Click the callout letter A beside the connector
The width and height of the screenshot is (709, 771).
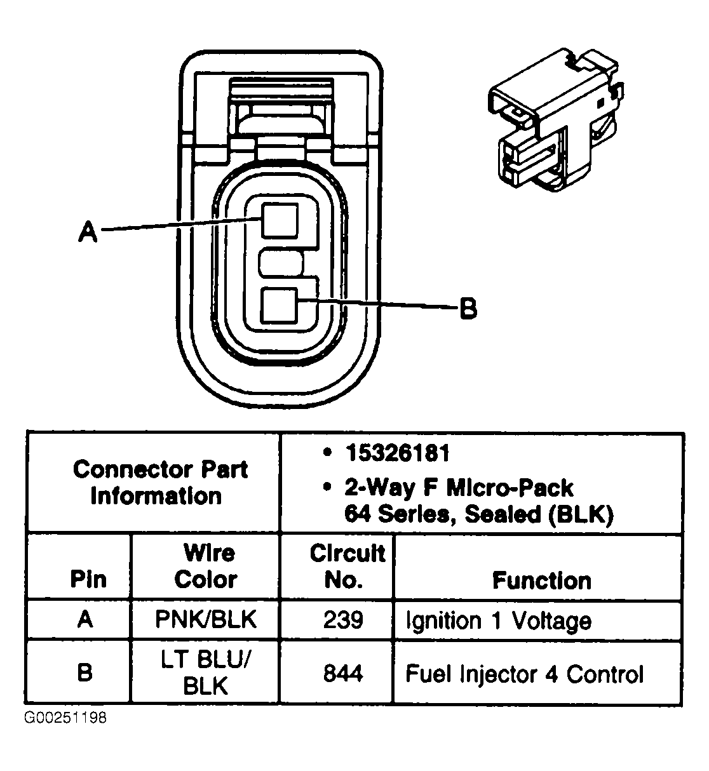pyautogui.click(x=88, y=231)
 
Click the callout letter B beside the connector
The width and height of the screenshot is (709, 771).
pyautogui.click(x=468, y=309)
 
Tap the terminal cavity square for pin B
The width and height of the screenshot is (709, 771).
pyautogui.click(x=280, y=305)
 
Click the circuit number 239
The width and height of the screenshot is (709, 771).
pyautogui.click(x=343, y=620)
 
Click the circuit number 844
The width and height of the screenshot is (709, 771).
pyautogui.click(x=343, y=673)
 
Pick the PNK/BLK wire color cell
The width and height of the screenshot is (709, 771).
pyautogui.click(x=206, y=619)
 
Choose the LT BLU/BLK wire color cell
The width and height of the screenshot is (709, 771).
pyautogui.click(x=206, y=673)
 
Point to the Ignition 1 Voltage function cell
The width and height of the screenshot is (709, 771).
pyautogui.click(x=498, y=620)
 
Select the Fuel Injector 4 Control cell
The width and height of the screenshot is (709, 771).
pyautogui.click(x=524, y=673)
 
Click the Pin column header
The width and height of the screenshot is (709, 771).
pyautogui.click(x=88, y=579)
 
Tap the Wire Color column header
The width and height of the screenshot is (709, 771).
pyautogui.click(x=206, y=566)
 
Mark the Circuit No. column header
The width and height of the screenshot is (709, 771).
pyautogui.click(x=346, y=566)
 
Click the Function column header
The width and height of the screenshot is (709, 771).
pyautogui.click(x=541, y=580)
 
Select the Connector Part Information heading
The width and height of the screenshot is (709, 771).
pyautogui.click(x=159, y=483)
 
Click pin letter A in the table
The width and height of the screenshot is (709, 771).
pyautogui.click(x=85, y=619)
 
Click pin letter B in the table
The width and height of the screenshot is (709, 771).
pyautogui.click(x=84, y=673)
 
